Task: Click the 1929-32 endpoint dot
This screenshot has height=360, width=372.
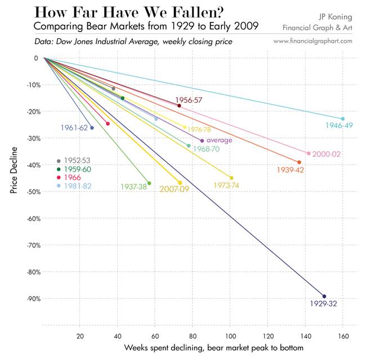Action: tap(324, 296)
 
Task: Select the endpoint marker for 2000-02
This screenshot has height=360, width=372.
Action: tap(308, 153)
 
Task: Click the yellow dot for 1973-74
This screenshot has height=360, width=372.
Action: tap(231, 178)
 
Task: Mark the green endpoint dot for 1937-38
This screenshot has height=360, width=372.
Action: tap(149, 183)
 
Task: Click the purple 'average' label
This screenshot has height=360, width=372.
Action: tap(219, 140)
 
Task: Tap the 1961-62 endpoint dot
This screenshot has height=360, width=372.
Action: tap(92, 128)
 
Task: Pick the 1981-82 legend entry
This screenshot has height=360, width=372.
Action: tap(77, 185)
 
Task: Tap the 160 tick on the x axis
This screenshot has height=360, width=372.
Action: tap(343, 336)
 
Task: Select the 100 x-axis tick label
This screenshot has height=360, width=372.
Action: tap(230, 336)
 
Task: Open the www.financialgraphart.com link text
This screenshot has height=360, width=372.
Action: tap(313, 41)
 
